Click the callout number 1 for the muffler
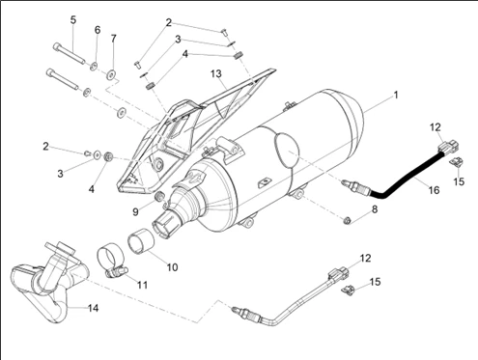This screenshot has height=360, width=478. point(396,96)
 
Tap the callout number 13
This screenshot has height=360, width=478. point(216,73)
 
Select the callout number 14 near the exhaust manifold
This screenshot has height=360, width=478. point(93,308)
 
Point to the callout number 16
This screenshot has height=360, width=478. point(434,190)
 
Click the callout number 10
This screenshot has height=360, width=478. point(172,267)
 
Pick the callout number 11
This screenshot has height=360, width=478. point(142,285)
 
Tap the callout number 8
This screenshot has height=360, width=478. point(375,209)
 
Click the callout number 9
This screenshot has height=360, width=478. point(135,211)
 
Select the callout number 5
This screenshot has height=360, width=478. point(73,20)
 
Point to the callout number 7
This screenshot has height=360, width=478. point(113,39)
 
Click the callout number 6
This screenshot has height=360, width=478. point(98,30)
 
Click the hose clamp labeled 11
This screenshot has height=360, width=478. point(111,262)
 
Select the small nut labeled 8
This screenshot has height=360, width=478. point(348,221)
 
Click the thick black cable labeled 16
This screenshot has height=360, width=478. point(407,177)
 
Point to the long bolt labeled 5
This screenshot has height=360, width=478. point(69,53)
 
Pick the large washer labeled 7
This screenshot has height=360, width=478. point(112,74)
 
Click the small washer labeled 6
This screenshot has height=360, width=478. point(94,66)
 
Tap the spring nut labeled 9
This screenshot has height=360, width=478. point(160,196)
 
